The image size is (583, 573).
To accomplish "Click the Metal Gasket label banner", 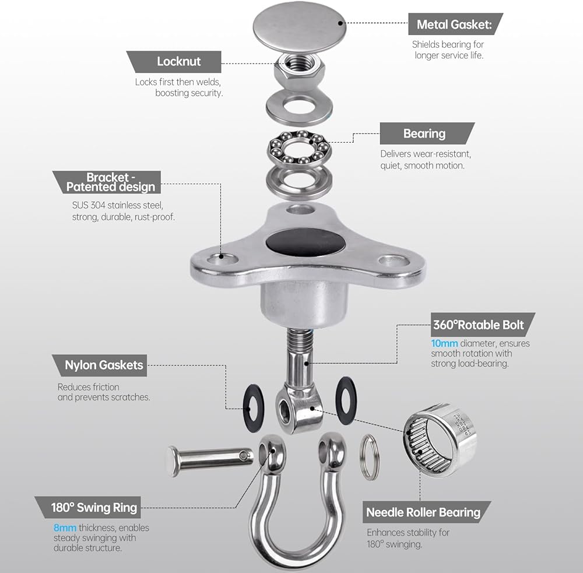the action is (455, 24).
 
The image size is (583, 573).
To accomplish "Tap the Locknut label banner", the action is (174, 61).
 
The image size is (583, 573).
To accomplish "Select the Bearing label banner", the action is (427, 133).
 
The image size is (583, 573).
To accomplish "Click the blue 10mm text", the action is (444, 343).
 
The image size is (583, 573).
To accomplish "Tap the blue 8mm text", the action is (65, 528).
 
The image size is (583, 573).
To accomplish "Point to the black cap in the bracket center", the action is (305, 242).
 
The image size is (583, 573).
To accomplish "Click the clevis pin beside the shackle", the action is (210, 460).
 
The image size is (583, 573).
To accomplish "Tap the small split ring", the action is (370, 457).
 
